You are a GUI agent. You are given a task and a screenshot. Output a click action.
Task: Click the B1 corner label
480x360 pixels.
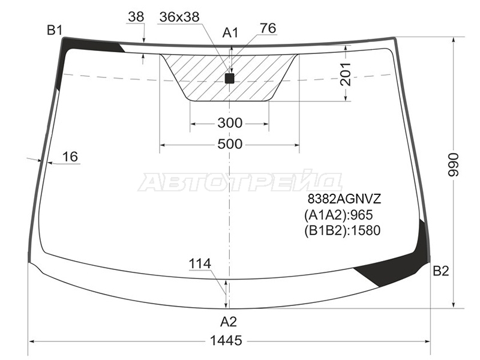pos(55,31)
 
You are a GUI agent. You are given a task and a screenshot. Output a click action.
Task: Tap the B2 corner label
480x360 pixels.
pos(441,271)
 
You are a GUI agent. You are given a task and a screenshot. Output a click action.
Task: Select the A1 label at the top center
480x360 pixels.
pos(230,32)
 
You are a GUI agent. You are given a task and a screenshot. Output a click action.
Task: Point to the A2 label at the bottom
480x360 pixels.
pos(229,322)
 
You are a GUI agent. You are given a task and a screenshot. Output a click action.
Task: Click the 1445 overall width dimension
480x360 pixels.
pos(226,340)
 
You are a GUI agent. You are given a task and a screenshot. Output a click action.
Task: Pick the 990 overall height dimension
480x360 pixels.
pos(454,164)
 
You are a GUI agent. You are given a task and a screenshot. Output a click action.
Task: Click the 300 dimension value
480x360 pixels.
pos(230,123)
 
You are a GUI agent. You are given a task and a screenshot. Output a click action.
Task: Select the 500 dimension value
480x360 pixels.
pos(230,144)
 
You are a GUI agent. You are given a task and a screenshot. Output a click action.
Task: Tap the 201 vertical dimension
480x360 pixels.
pos(345,74)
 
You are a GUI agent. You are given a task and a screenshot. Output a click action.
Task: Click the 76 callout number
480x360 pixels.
pos(268,28)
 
